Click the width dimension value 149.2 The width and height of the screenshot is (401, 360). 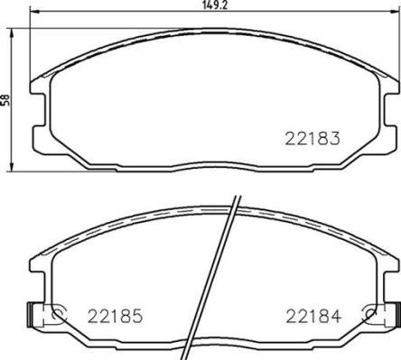[x=211, y=6]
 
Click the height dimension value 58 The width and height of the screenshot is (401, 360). [x=6, y=101]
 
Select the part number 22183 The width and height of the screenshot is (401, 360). [x=313, y=139]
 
